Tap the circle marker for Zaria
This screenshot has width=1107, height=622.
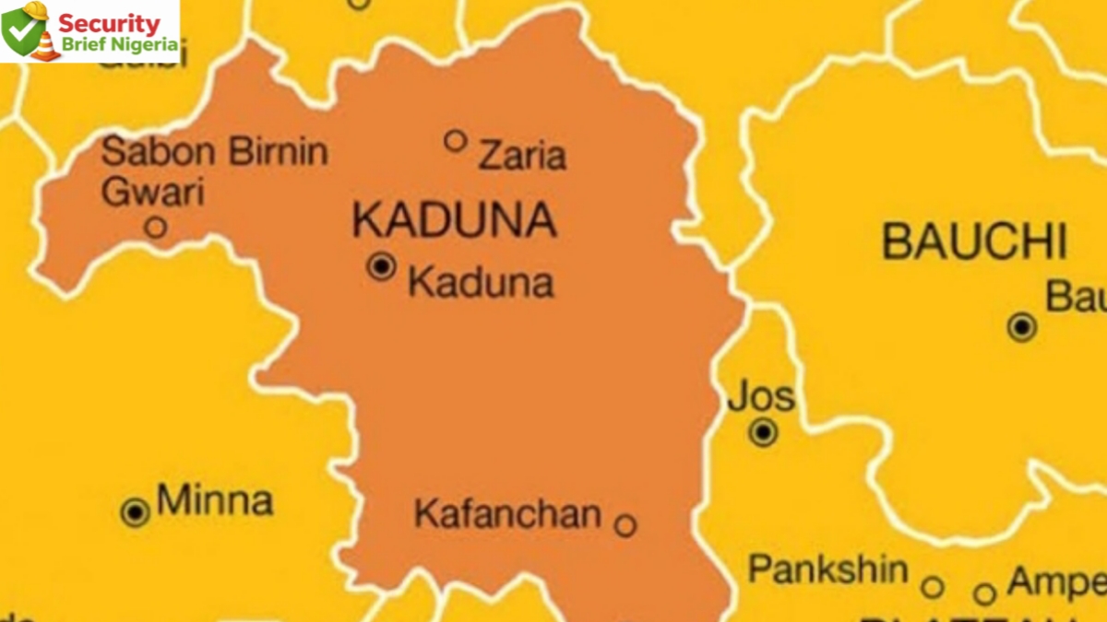click(x=455, y=140)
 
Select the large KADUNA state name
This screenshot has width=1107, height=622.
click(x=454, y=220)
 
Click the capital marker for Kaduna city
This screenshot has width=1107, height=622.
click(x=381, y=266)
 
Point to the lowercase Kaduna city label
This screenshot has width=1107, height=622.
click(x=481, y=283)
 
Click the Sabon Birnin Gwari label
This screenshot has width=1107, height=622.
click(x=214, y=170)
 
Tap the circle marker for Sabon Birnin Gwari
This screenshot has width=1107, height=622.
click(x=156, y=227)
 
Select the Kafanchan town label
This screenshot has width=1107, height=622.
click(x=507, y=514)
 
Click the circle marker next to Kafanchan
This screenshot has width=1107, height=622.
click(x=625, y=525)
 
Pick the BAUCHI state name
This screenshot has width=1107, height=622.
click(x=974, y=241)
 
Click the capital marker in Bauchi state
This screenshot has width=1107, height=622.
click(x=1021, y=326)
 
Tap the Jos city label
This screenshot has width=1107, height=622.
click(x=760, y=397)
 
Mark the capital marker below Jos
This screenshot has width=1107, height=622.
click(x=763, y=432)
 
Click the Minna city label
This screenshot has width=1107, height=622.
click(x=214, y=501)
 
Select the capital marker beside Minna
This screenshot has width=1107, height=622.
click(x=136, y=512)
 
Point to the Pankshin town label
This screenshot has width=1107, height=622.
click(x=827, y=569)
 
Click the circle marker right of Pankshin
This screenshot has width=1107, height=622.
click(x=933, y=587)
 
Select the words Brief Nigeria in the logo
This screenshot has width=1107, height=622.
click(x=118, y=44)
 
